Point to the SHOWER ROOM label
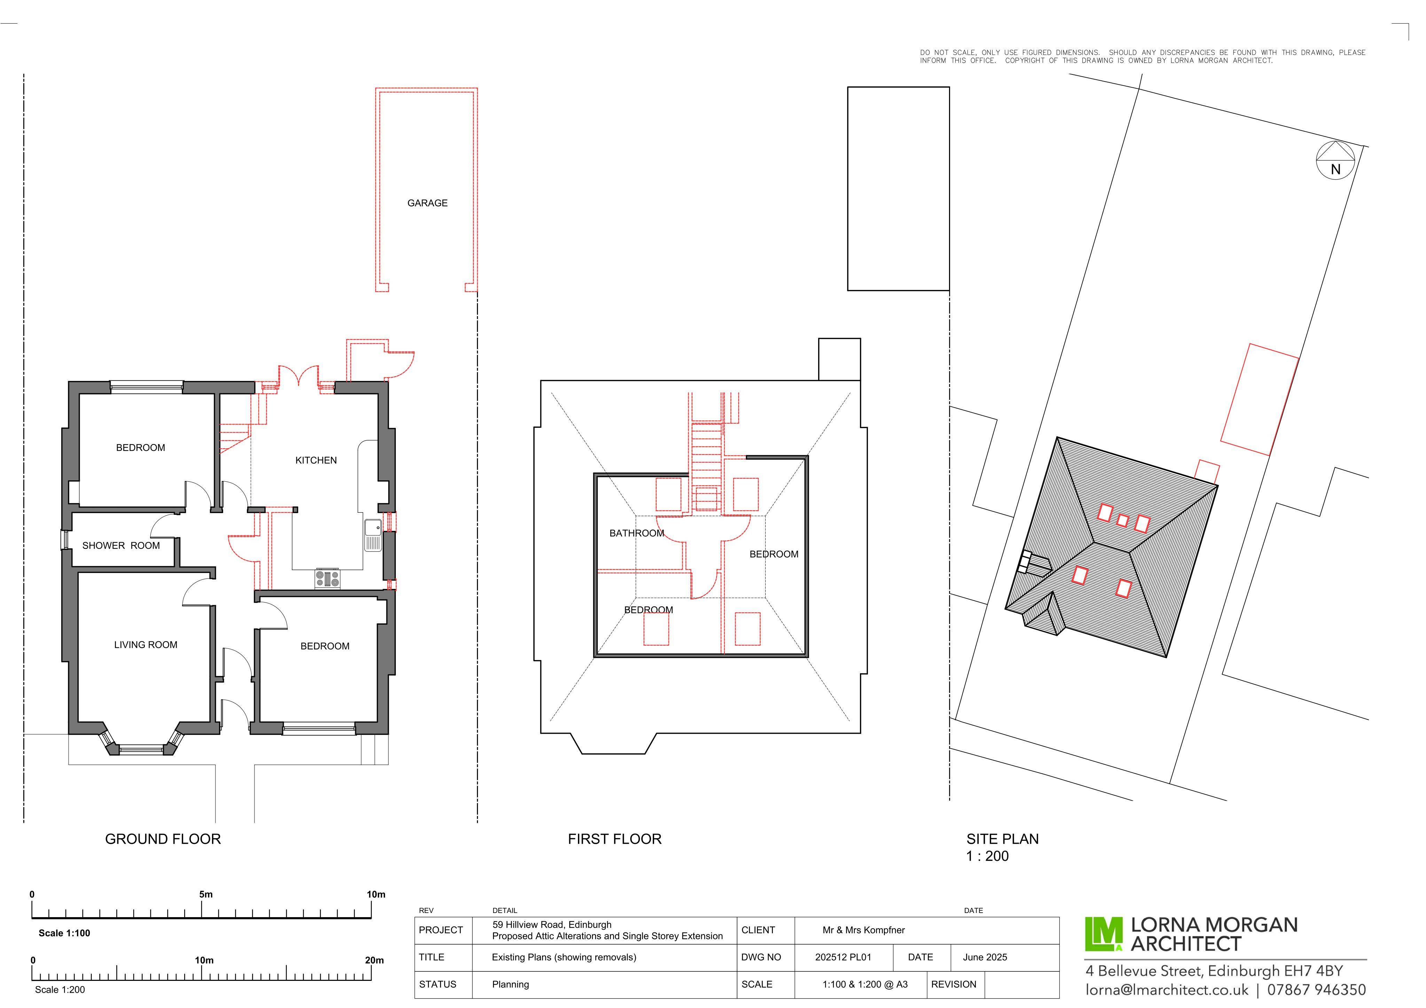point(122,552)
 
